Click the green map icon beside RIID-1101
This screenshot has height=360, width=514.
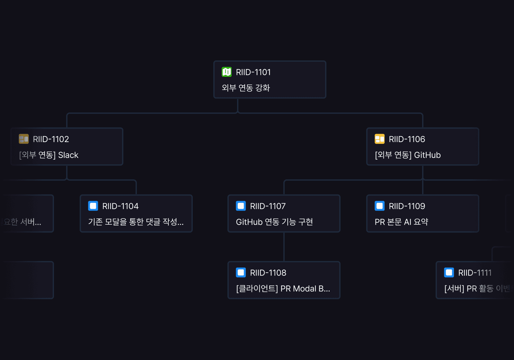[x=226, y=72]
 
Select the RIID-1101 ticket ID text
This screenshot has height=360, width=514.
[x=253, y=72]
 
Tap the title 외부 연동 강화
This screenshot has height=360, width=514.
[x=246, y=88]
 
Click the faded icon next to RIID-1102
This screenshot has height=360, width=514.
[x=24, y=139]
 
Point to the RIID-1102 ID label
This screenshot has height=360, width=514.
[x=51, y=139]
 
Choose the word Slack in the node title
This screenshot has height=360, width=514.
[x=68, y=155]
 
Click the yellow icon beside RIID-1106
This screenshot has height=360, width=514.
[x=380, y=139]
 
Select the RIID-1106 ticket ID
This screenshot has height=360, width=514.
[x=407, y=139]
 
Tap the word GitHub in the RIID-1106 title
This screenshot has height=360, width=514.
[x=427, y=155]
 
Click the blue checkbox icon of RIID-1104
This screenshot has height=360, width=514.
[x=93, y=206]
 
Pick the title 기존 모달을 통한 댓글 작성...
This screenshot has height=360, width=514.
[x=136, y=222]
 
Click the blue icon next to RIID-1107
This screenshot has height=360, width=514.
[x=241, y=206]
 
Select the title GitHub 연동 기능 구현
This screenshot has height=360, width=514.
[x=274, y=222]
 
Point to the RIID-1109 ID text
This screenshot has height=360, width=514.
[x=407, y=206]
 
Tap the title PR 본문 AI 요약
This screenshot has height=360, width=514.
[x=401, y=222]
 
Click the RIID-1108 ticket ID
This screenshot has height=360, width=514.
[x=268, y=273]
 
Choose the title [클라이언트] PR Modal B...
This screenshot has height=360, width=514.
[x=283, y=289]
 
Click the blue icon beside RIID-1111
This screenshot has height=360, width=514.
[x=449, y=273]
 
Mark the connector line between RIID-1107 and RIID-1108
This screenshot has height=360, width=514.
[x=284, y=247]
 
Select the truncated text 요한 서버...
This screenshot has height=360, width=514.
[x=22, y=222]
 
